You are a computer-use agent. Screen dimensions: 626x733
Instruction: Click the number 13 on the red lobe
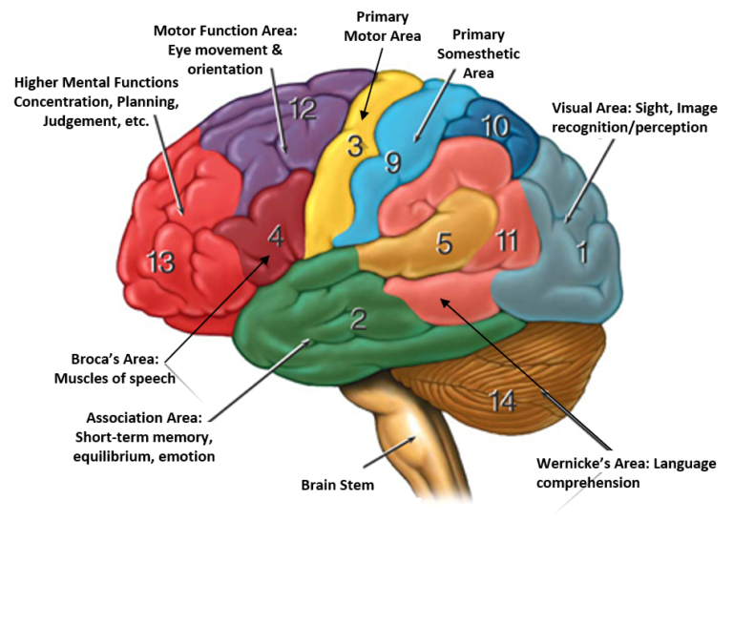tap(160, 261)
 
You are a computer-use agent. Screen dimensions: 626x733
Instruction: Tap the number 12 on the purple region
tap(303, 110)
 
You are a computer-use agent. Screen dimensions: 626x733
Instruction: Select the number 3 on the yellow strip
tap(355, 147)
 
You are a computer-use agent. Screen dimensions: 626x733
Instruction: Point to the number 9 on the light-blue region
tap(392, 163)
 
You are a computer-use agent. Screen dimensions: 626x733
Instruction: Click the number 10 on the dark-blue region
tap(495, 126)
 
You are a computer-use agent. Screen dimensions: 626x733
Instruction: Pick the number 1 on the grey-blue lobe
tap(582, 252)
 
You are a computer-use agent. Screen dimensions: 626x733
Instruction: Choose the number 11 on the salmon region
tap(507, 240)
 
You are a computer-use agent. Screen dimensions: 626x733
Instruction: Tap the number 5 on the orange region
tap(444, 243)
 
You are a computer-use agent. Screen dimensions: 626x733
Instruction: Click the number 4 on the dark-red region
tap(275, 236)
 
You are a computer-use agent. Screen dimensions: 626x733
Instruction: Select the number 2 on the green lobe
tap(358, 319)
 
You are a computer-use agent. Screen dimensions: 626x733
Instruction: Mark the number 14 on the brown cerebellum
tap(503, 402)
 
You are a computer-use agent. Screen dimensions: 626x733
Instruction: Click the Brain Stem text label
tap(337, 485)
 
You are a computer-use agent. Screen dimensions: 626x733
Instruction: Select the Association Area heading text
tap(143, 418)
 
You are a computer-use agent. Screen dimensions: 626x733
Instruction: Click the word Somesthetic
tap(478, 54)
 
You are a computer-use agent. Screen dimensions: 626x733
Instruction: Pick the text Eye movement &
tap(225, 50)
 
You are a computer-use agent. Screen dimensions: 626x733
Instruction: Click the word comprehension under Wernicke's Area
tap(588, 483)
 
